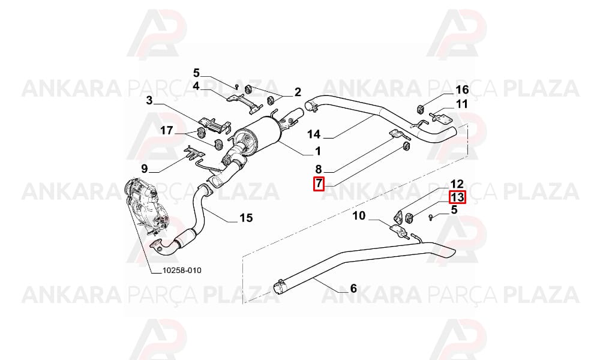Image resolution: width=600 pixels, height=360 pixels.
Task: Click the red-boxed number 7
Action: click(x=319, y=184)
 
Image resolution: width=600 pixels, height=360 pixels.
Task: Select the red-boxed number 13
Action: click(x=457, y=197)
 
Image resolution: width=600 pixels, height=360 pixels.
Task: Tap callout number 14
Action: click(x=314, y=134)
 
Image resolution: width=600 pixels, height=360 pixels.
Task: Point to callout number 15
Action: click(x=246, y=218)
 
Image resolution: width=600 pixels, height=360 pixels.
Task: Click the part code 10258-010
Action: click(x=182, y=271)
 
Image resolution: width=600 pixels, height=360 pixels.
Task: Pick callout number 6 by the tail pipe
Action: click(x=353, y=287)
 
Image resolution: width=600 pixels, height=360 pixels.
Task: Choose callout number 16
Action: click(x=462, y=89)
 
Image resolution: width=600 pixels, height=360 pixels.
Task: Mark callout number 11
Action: click(x=461, y=104)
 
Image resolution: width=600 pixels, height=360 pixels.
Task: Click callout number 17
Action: click(x=166, y=131)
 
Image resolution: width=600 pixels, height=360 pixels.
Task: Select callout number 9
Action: click(x=144, y=169)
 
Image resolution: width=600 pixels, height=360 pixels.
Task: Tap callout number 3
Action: click(x=149, y=101)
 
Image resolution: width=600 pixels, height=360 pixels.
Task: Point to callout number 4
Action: click(x=196, y=86)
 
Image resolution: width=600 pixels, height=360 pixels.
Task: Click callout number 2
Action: click(x=298, y=92)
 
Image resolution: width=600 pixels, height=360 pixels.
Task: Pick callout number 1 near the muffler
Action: click(x=317, y=151)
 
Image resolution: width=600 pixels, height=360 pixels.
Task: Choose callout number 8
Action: click(x=319, y=169)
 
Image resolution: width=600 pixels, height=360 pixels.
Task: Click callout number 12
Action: click(x=457, y=184)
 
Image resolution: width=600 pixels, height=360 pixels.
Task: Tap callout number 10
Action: click(x=359, y=216)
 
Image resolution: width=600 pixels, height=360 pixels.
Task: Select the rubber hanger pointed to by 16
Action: click(x=419, y=109)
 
